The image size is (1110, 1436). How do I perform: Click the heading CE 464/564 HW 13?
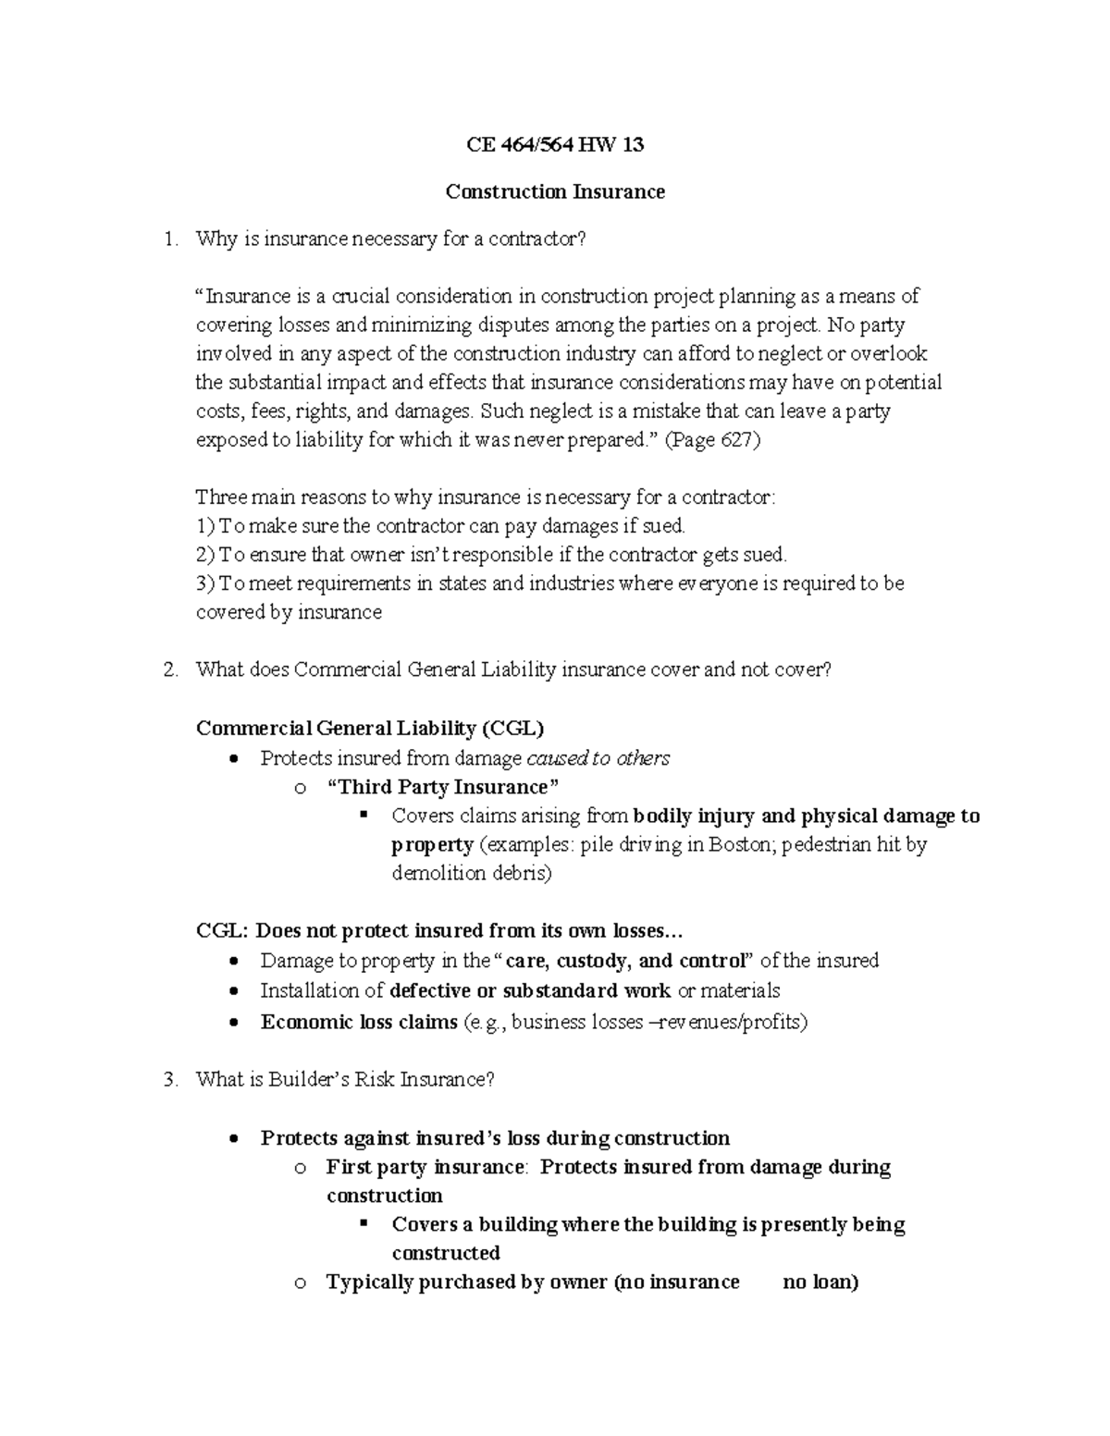555,145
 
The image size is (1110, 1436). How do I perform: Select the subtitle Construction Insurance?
555,191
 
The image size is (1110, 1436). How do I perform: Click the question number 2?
168,669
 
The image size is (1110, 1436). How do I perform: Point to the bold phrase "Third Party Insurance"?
444,787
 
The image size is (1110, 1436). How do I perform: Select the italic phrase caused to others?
598,758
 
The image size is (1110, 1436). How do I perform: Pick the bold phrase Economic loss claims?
359,1022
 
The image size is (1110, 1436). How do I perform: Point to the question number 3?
168,1079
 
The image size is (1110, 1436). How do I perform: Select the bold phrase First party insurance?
425,1167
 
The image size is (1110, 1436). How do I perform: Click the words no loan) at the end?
820,1283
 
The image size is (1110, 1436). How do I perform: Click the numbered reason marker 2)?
205,555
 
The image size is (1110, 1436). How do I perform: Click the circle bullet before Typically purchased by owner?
299,1283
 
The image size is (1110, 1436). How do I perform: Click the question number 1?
168,239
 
